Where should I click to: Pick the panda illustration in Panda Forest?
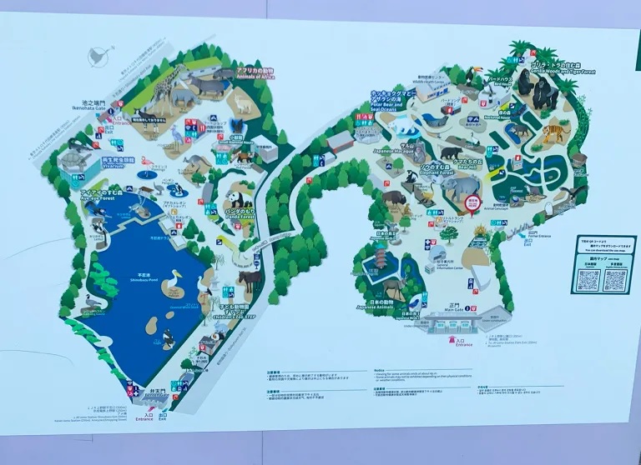point(236,199)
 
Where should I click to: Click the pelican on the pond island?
point(174,283)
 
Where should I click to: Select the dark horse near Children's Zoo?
point(250,279)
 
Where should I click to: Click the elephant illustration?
point(462,187)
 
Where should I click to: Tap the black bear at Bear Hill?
point(451,153)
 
